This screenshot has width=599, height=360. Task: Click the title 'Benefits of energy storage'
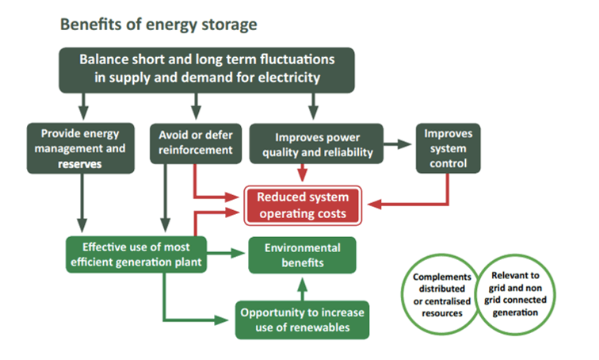[x=158, y=25]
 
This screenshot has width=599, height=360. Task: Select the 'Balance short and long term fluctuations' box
[x=206, y=69]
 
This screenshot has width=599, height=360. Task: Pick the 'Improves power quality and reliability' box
[x=316, y=145]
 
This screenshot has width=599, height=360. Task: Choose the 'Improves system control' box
[x=448, y=147]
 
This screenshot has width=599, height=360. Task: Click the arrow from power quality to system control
[x=399, y=146]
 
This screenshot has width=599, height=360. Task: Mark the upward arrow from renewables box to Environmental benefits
[x=301, y=286]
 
